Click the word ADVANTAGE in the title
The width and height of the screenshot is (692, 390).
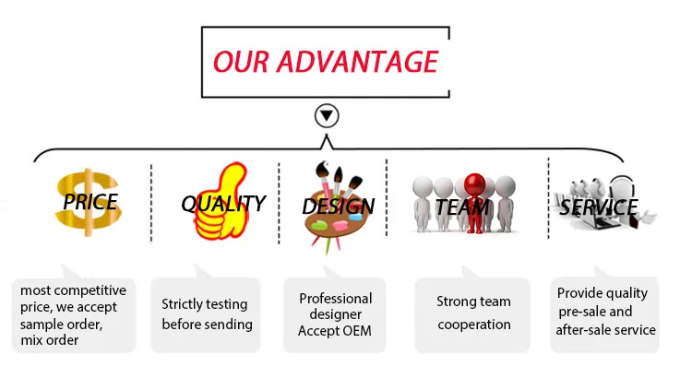click(366, 61)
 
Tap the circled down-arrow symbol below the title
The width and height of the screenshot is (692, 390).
click(327, 116)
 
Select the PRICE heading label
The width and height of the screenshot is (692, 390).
click(89, 201)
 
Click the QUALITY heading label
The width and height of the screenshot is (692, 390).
click(222, 203)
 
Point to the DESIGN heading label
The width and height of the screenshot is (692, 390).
click(338, 206)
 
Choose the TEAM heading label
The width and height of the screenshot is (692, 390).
click(462, 207)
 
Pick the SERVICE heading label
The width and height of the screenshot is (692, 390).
click(598, 207)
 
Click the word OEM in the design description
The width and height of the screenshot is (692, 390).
click(355, 331)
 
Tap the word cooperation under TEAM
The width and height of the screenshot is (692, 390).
click(473, 324)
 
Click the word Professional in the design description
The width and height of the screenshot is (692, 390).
click(335, 298)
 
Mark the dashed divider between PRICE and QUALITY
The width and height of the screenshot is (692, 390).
click(151, 205)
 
